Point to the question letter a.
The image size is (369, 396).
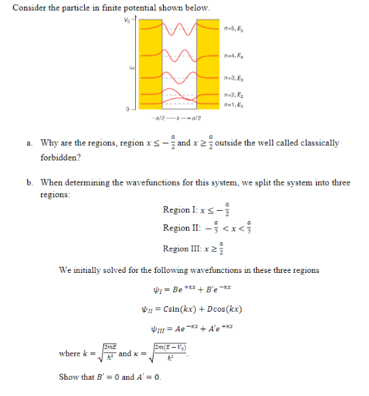coord(30,143)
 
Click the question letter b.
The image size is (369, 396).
coord(30,182)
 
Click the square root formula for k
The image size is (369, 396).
coord(102,354)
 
